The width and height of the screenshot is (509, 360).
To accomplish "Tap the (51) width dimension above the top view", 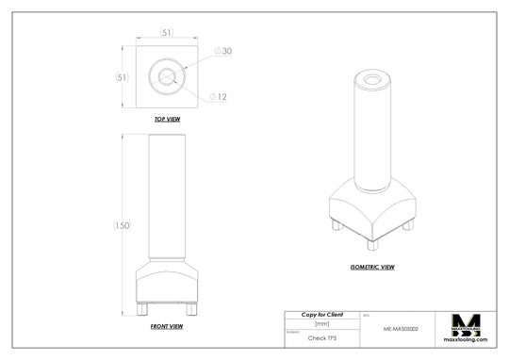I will click(x=167, y=34).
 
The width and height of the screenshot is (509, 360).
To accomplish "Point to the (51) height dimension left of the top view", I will click(x=122, y=77).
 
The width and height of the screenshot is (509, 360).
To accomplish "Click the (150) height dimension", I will click(x=122, y=225).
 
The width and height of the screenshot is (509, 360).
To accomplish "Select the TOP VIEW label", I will click(x=167, y=121).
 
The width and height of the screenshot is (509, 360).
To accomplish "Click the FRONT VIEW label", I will click(x=167, y=326).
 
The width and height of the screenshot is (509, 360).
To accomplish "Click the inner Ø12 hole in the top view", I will click(x=167, y=77).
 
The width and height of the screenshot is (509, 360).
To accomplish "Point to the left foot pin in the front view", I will click(x=141, y=309).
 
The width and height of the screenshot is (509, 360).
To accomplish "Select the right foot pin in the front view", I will click(x=192, y=309).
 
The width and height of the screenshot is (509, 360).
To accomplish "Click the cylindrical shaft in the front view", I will click(x=167, y=198).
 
